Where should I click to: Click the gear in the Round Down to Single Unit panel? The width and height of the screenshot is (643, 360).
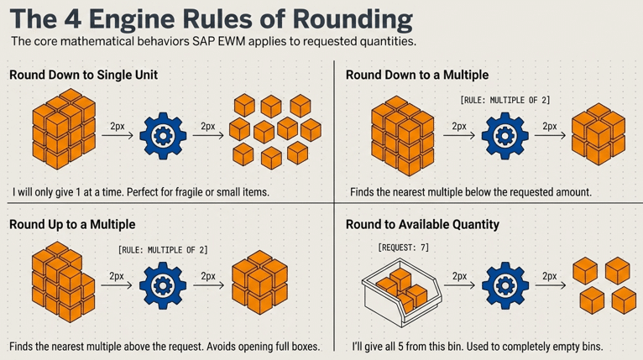tap(165, 134)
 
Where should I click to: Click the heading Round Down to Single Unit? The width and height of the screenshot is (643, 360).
tap(83, 76)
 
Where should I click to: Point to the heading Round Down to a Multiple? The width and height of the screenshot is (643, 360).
tap(417, 76)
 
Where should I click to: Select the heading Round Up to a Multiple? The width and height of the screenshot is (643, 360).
tap(71, 225)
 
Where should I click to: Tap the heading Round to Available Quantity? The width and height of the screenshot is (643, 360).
tap(422, 225)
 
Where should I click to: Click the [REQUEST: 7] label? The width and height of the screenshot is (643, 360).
tap(404, 248)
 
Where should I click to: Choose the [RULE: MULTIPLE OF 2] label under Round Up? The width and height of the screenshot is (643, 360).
tap(163, 249)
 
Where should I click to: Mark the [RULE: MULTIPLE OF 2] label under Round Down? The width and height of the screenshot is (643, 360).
tap(505, 100)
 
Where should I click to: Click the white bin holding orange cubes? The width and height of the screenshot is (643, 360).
tap(398, 290)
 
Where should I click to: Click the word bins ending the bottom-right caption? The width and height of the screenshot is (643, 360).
tap(589, 346)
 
